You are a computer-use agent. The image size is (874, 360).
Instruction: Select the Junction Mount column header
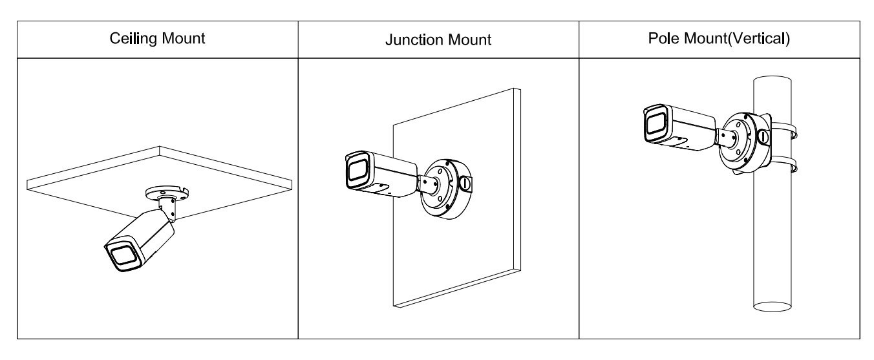click(438, 39)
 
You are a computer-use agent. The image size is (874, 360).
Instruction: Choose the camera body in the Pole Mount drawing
click(688, 129)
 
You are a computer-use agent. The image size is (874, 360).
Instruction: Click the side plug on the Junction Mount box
click(466, 183)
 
